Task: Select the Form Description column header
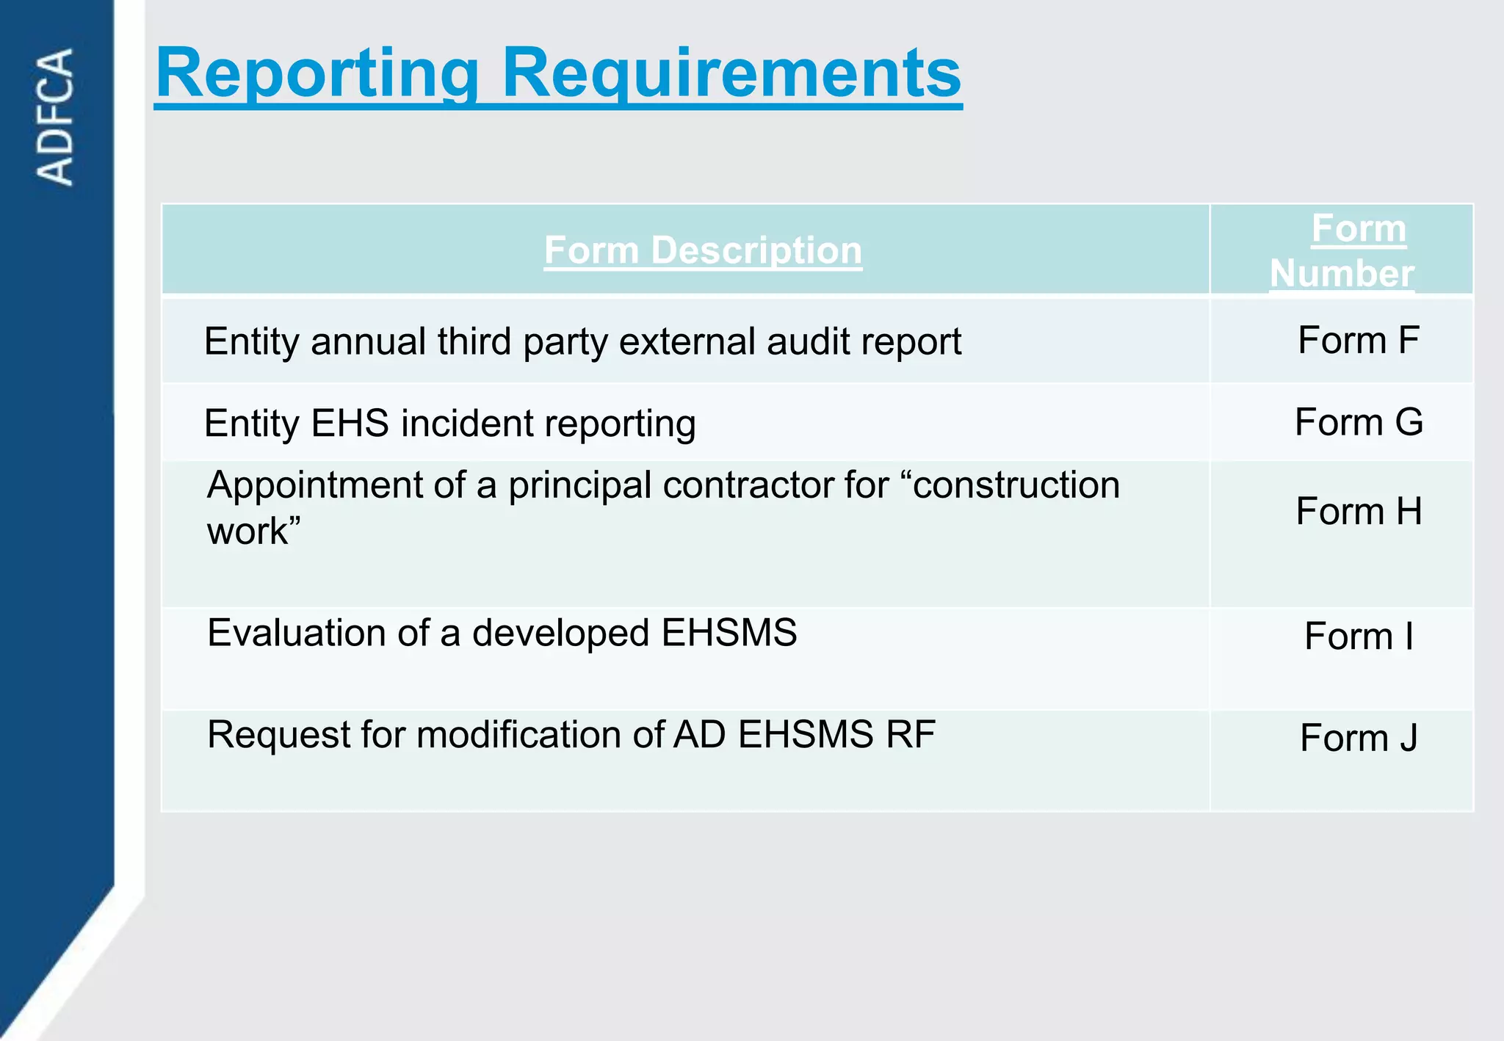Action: (703, 250)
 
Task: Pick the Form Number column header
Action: (1342, 250)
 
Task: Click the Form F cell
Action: (1358, 341)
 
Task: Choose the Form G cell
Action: (1359, 422)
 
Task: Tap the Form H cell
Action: (1359, 511)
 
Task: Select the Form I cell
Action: (1359, 636)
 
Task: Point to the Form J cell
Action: (1359, 738)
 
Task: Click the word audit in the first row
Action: (803, 342)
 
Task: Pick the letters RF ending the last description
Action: (910, 735)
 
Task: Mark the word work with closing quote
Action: (253, 531)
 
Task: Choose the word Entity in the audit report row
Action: (252, 342)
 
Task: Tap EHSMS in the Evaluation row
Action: (728, 633)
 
